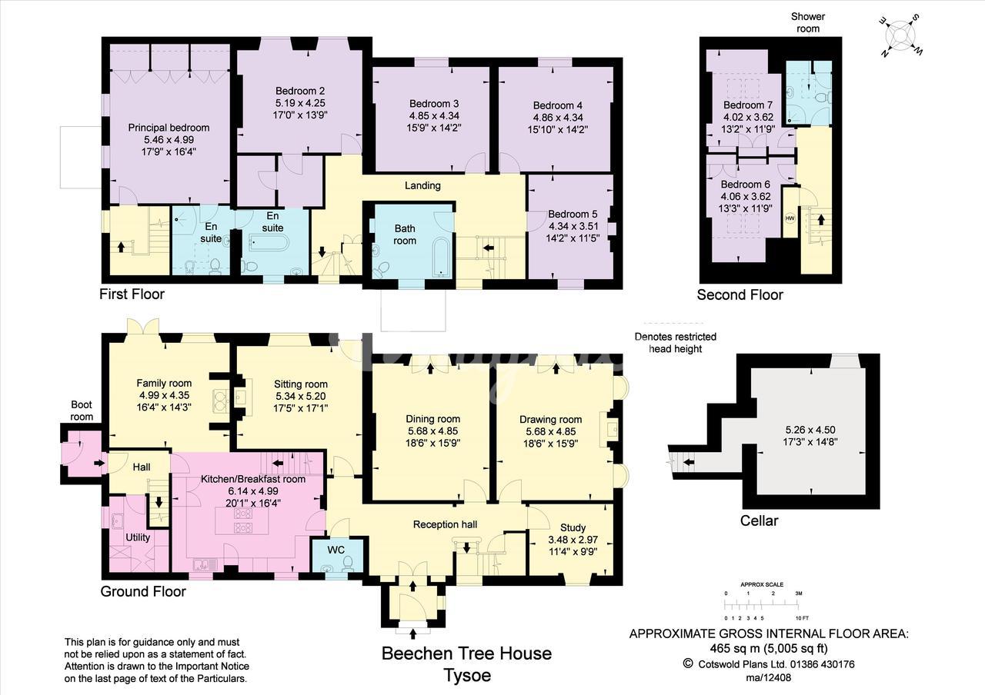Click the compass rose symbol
(900, 35)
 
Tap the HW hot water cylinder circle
(790, 218)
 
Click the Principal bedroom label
(169, 128)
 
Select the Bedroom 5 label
(573, 214)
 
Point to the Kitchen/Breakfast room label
(253, 479)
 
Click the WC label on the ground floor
(336, 550)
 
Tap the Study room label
(573, 527)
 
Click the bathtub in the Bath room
(441, 258)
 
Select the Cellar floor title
(759, 520)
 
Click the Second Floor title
(740, 294)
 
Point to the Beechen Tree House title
(466, 653)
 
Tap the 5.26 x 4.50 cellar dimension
(810, 430)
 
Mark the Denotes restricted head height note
(676, 343)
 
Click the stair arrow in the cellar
(688, 462)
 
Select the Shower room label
(808, 22)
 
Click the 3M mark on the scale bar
(799, 593)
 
